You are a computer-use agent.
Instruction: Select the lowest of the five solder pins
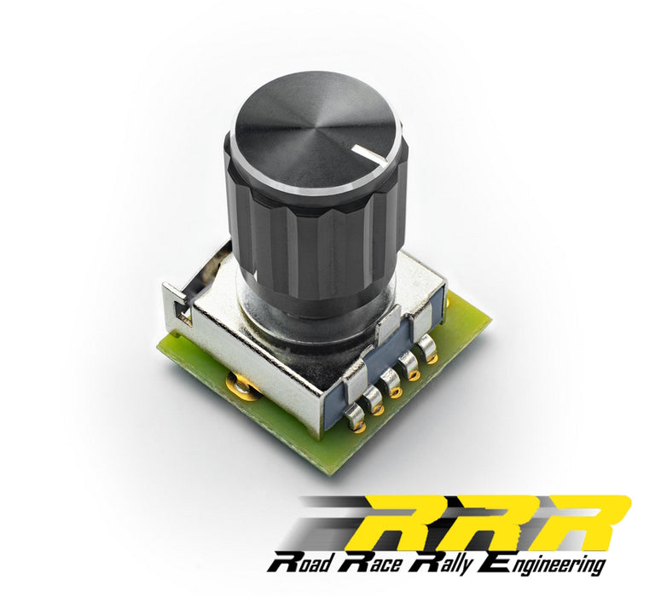(353, 415)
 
